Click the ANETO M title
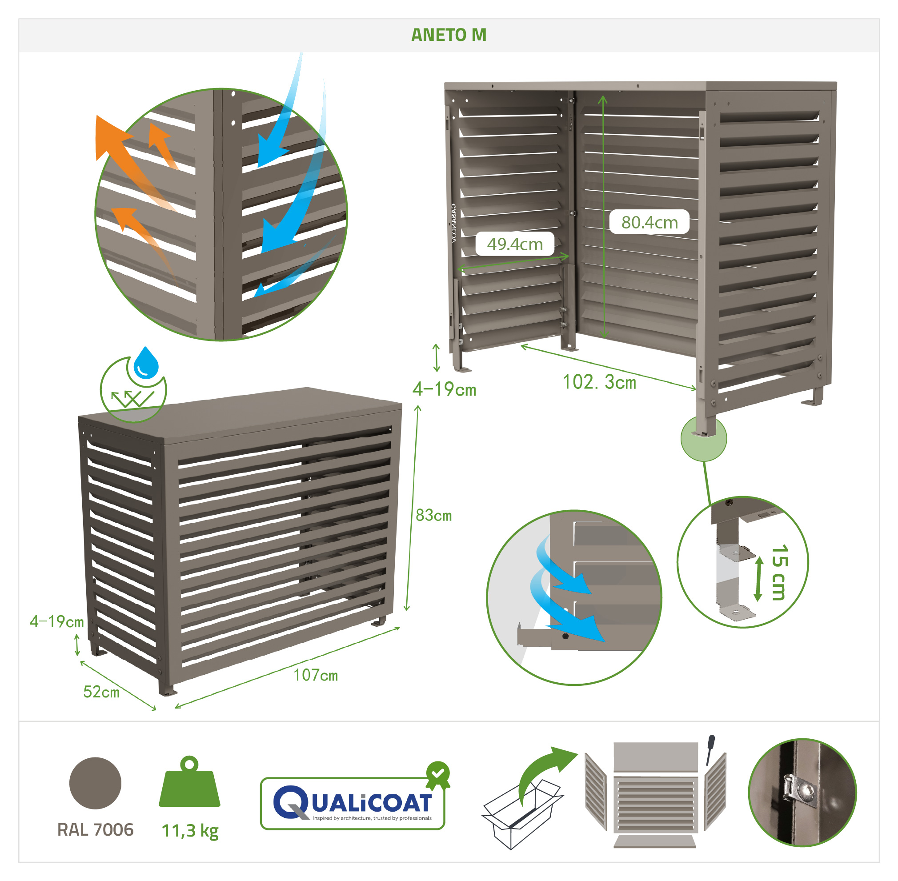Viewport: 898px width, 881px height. pyautogui.click(x=449, y=35)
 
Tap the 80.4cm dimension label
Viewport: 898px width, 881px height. pyautogui.click(x=649, y=223)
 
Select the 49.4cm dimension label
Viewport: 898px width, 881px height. pyautogui.click(x=515, y=244)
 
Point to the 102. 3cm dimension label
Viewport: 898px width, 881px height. pyautogui.click(x=599, y=382)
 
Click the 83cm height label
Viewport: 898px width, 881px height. pyautogui.click(x=433, y=516)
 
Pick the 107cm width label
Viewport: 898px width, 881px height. pyautogui.click(x=316, y=676)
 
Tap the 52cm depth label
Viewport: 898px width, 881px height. pyautogui.click(x=101, y=692)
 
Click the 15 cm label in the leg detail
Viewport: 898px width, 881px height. pyautogui.click(x=780, y=573)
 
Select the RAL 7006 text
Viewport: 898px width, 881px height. pyautogui.click(x=95, y=829)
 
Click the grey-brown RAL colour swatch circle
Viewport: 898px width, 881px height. pyautogui.click(x=95, y=783)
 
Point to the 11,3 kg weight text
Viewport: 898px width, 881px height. pyautogui.click(x=190, y=831)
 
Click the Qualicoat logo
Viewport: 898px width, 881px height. pyautogui.click(x=353, y=803)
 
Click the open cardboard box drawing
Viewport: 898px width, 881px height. pyautogui.click(x=522, y=814)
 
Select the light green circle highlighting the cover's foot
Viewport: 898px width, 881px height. pyautogui.click(x=704, y=438)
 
